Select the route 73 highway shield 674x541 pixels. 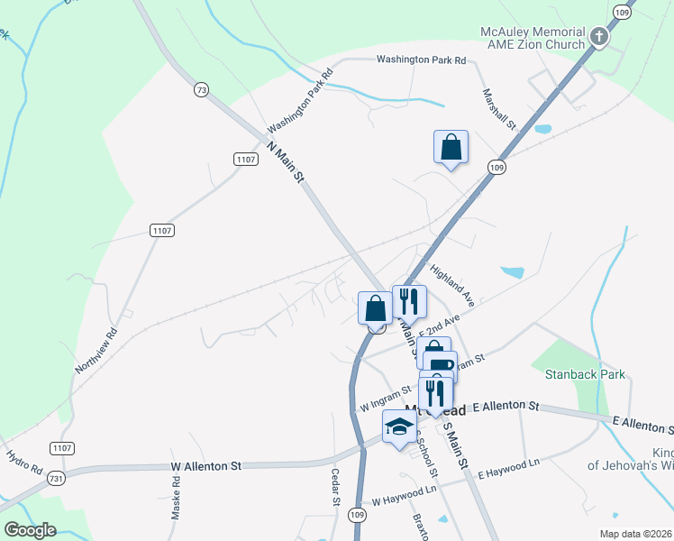pyautogui.click(x=200, y=89)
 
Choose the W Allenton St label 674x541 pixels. pyautogui.click(x=206, y=466)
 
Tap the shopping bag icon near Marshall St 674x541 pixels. pyautogui.click(x=451, y=148)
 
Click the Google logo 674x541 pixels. pyautogui.click(x=31, y=529)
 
